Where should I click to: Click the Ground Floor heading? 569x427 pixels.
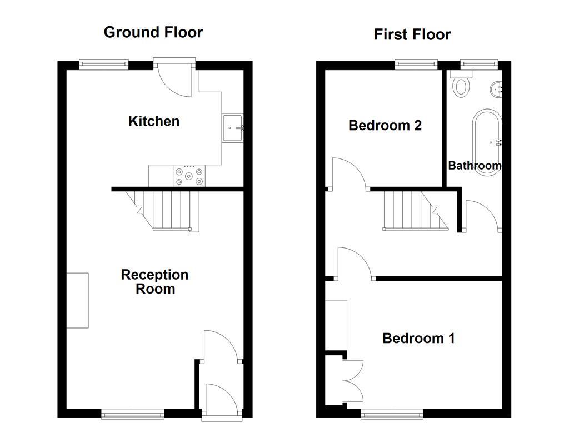click(x=153, y=32)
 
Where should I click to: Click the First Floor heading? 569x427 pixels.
click(x=412, y=34)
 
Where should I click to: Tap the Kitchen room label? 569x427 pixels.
click(x=154, y=121)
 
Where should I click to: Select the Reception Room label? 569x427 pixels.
click(x=155, y=282)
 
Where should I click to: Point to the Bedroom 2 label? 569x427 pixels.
click(x=385, y=126)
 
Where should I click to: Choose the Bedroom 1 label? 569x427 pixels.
click(x=418, y=338)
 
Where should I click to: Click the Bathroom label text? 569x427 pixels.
click(x=475, y=166)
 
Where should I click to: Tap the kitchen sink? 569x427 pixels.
click(x=232, y=128)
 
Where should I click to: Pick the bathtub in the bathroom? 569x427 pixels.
click(x=487, y=143)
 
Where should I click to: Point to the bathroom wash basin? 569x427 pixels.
click(x=497, y=88)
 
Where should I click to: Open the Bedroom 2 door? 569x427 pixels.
click(x=347, y=173)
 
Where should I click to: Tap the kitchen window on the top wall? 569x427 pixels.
click(x=104, y=64)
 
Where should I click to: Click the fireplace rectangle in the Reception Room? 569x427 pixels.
click(x=77, y=300)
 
